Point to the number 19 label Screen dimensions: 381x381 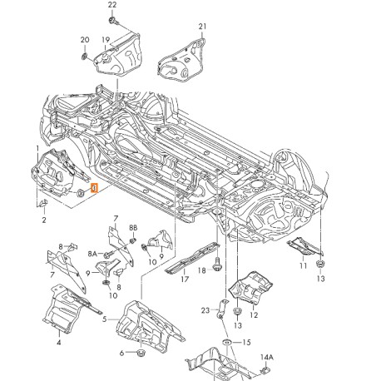106,39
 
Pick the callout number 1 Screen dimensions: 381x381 37,150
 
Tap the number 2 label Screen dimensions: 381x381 44,221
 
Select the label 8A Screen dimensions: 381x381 93,253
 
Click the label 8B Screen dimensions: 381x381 133,228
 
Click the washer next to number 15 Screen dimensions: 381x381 227,344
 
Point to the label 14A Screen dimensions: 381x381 266,358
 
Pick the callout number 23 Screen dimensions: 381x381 205,311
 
